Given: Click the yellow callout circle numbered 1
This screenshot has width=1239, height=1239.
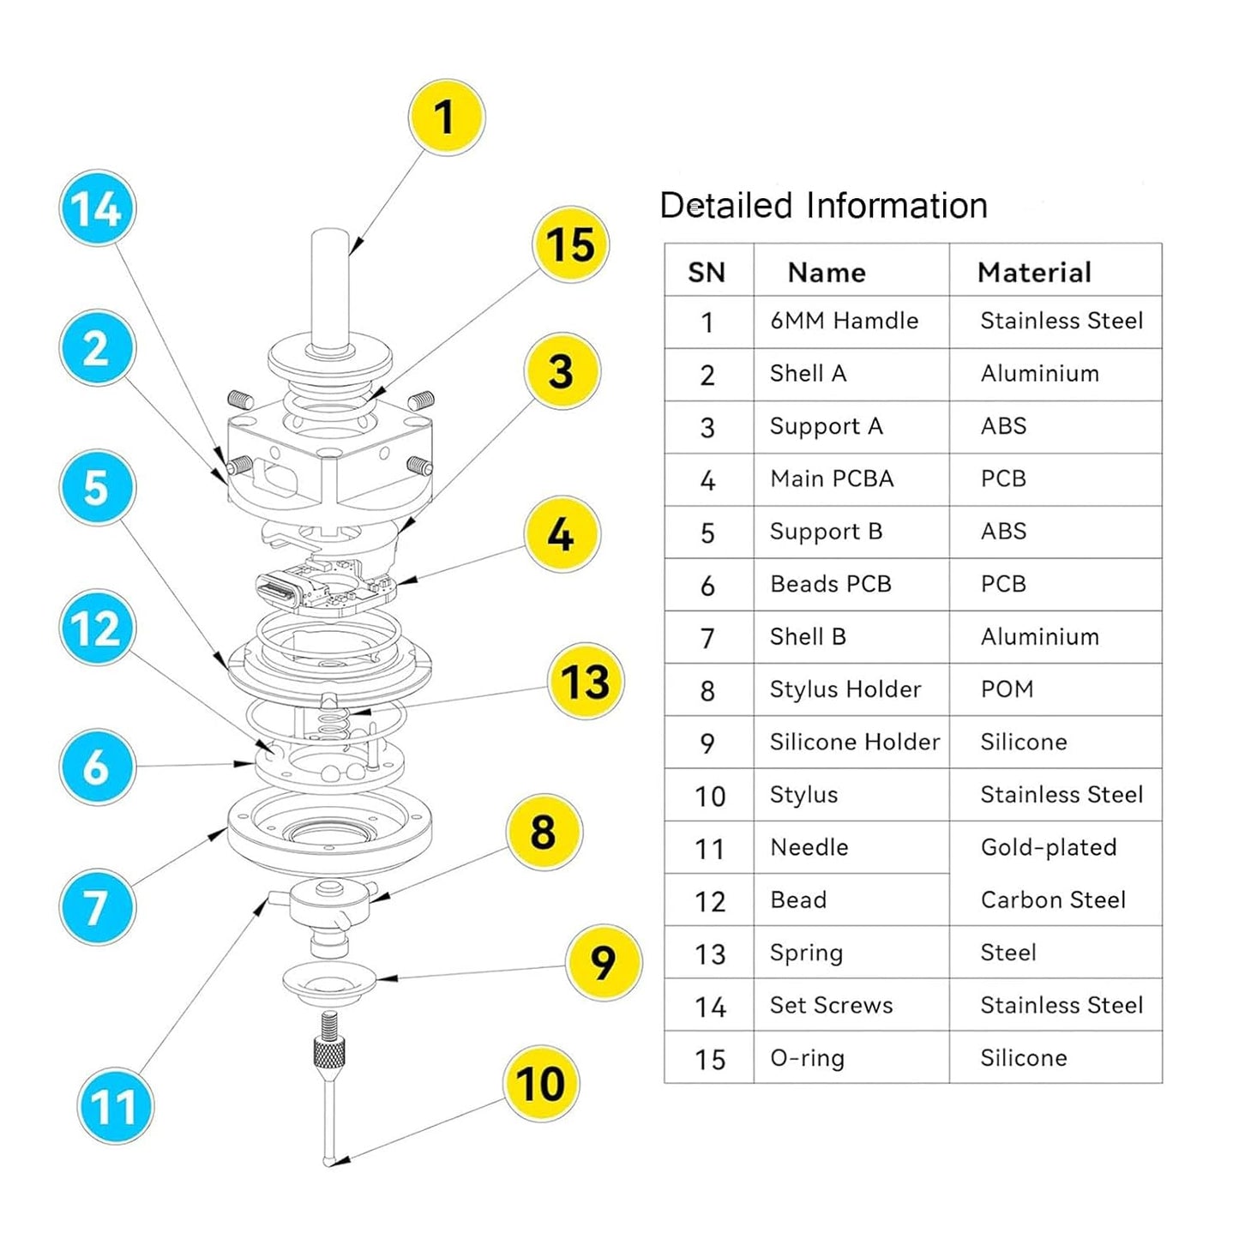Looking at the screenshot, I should (445, 117).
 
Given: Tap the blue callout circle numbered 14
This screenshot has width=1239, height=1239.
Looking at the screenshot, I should (97, 208).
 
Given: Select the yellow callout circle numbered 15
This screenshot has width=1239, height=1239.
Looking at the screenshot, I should (570, 245).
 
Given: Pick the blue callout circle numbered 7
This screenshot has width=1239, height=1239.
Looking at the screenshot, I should (96, 907).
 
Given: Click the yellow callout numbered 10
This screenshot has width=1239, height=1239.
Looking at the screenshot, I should (540, 1084).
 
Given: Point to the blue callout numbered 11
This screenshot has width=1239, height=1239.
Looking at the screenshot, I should (115, 1106).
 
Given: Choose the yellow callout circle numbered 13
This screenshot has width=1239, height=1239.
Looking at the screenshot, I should (586, 682).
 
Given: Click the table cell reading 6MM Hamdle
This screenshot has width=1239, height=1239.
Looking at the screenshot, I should (844, 321).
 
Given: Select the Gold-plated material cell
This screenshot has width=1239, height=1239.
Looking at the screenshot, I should (1048, 847).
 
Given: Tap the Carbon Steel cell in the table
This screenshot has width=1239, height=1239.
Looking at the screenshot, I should (1053, 899).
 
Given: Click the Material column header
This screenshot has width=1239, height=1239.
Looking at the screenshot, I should (1034, 272).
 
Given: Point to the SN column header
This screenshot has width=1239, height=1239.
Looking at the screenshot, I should (707, 272).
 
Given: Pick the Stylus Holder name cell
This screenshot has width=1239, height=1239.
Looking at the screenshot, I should (845, 689).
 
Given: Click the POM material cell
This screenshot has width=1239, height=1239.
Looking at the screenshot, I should (1007, 689).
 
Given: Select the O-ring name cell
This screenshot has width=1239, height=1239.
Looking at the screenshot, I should (807, 1058).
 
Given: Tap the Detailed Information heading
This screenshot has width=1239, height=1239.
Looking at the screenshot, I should (823, 206).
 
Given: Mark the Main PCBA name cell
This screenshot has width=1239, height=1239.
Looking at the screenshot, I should (832, 478).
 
